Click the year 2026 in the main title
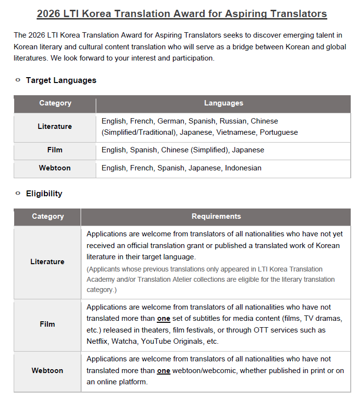[49, 14]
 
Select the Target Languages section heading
[61, 80]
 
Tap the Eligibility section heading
[44, 193]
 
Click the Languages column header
[223, 103]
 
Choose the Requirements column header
[216, 216]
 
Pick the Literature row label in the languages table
[55, 126]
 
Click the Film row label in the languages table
[55, 150]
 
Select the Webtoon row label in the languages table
[55, 168]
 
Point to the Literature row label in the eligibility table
[47, 262]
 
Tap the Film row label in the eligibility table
[47, 324]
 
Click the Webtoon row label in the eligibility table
[47, 371]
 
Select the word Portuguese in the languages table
[279, 132]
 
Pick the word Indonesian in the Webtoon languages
[243, 168]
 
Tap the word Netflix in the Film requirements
[99, 341]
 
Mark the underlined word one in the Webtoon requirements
[164, 371]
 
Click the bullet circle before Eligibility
[18, 193]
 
